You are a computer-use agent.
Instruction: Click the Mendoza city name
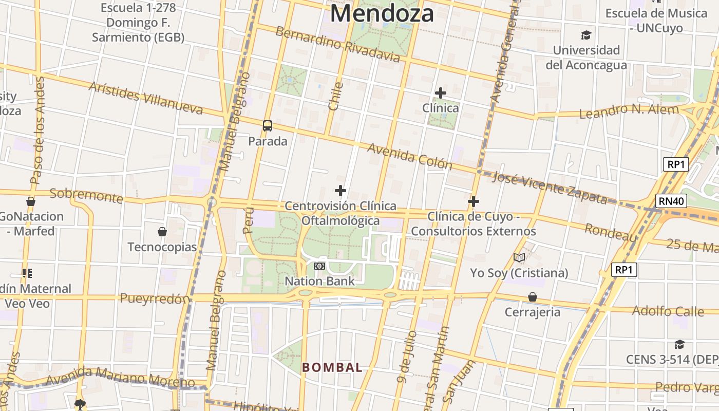click(382, 13)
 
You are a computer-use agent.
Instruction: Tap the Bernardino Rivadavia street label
click(337, 44)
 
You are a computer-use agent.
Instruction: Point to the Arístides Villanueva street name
click(146, 97)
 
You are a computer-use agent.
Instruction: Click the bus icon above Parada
click(268, 125)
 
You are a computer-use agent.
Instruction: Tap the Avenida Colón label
click(409, 156)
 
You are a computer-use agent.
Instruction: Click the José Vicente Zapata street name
click(549, 188)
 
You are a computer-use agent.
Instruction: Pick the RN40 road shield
click(671, 200)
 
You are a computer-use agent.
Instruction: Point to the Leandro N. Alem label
click(636, 110)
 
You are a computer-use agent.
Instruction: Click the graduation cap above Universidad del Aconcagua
click(586, 35)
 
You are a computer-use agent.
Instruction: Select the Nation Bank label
click(319, 281)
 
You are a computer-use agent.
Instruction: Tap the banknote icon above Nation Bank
click(319, 266)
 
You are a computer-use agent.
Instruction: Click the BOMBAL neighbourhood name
click(332, 367)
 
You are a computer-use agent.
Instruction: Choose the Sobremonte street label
click(86, 195)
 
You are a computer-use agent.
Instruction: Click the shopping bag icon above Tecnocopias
click(162, 232)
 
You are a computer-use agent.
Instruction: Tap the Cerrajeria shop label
click(533, 312)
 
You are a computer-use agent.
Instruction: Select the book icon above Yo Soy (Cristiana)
click(519, 257)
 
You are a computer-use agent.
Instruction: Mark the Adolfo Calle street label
click(668, 311)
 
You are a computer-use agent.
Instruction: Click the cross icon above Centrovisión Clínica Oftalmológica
click(340, 191)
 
